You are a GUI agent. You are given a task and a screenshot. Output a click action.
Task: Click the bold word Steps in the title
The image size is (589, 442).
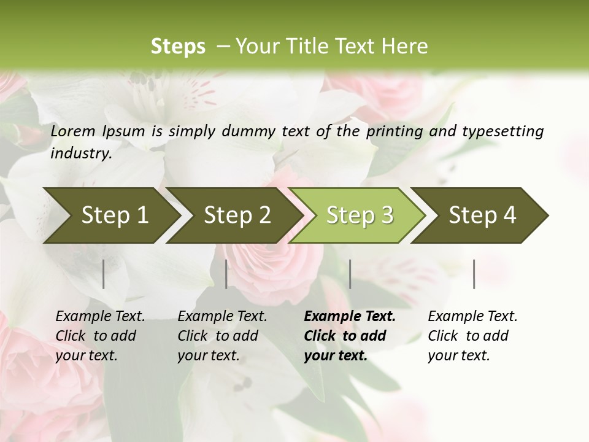178,47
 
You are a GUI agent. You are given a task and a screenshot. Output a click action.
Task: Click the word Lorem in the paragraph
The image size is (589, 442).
72,131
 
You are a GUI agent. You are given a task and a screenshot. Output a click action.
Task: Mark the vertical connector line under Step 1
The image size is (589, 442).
104,274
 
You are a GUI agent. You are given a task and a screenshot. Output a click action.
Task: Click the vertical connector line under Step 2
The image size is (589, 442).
226,274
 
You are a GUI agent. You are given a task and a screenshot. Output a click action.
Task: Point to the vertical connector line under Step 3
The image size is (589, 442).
350,274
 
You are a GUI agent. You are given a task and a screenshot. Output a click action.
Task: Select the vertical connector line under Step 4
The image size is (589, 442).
474,274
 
